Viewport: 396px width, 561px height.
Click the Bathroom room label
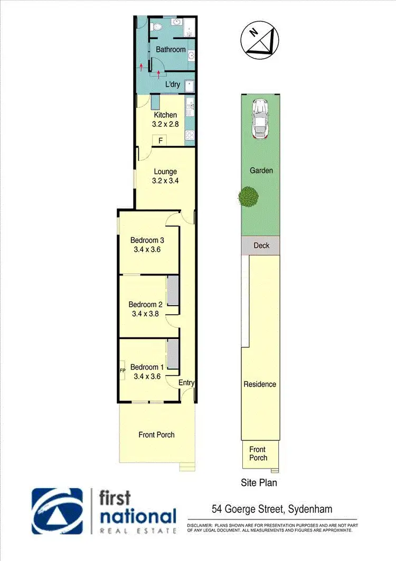[171, 50]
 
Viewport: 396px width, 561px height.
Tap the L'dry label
[173, 84]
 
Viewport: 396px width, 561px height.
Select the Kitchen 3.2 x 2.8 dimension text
[165, 125]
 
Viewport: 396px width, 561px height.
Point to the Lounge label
[165, 171]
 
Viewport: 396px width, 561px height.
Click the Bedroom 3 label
[147, 240]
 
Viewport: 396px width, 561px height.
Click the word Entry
[186, 383]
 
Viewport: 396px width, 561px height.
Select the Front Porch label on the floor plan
[156, 435]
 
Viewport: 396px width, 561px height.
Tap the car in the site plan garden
[259, 118]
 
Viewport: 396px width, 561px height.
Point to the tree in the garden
[248, 197]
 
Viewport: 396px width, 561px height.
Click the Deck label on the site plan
[261, 245]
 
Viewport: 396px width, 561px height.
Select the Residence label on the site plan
[259, 384]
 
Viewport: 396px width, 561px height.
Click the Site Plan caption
[258, 482]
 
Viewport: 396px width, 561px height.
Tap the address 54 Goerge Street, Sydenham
[271, 510]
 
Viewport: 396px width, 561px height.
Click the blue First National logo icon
[57, 511]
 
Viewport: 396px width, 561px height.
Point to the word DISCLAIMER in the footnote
[200, 525]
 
